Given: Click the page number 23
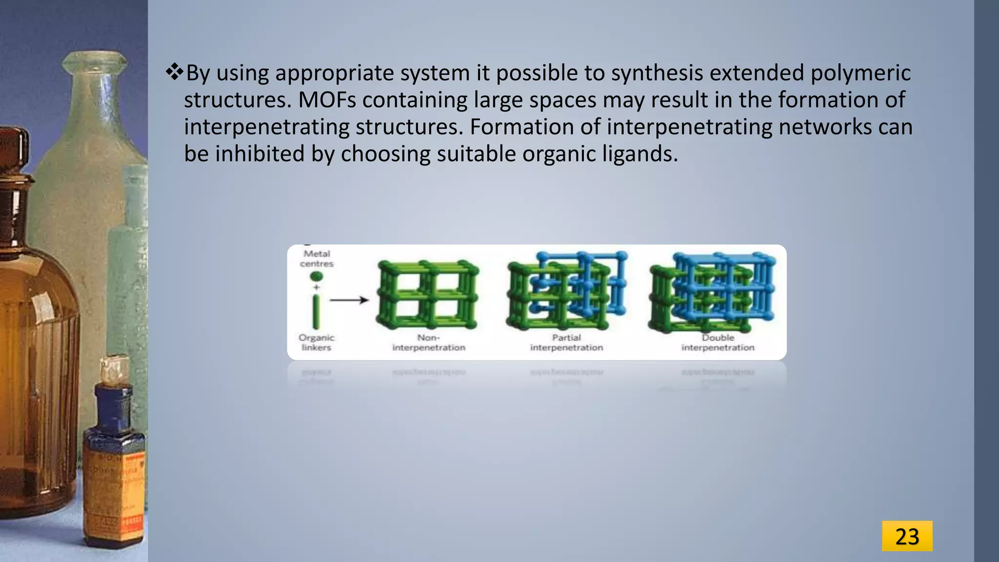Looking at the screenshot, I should [x=907, y=536].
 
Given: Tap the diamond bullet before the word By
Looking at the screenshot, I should [x=174, y=73].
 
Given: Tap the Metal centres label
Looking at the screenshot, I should [x=317, y=259].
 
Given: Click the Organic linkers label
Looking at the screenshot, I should [x=316, y=342].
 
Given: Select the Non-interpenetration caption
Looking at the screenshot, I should [x=429, y=342].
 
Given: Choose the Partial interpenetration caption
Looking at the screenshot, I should [x=566, y=342].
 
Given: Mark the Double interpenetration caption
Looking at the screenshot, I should [x=718, y=342].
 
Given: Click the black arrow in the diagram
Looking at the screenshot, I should [x=349, y=300].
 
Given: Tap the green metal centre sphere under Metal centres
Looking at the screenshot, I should [x=317, y=277].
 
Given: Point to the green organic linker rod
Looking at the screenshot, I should [x=316, y=312].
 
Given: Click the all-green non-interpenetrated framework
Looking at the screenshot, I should [x=427, y=295].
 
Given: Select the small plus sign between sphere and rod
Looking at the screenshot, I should [x=316, y=287].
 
